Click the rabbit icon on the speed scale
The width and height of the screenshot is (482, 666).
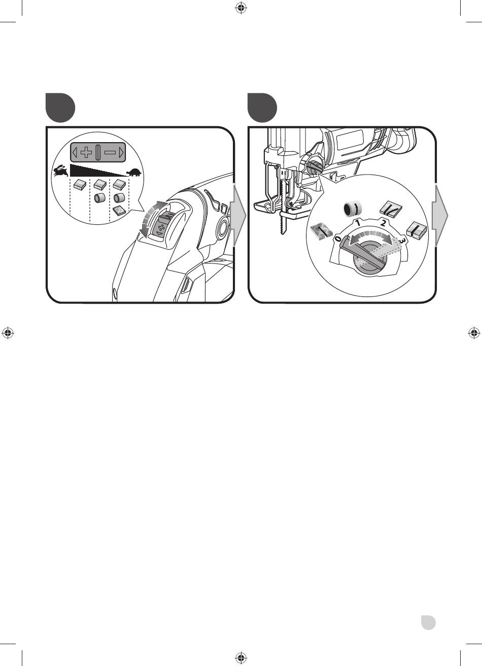pyautogui.click(x=60, y=171)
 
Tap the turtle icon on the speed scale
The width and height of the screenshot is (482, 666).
pyautogui.click(x=134, y=173)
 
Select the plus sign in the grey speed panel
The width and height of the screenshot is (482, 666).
pyautogui.click(x=86, y=153)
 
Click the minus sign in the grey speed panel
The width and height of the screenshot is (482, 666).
pyautogui.click(x=110, y=153)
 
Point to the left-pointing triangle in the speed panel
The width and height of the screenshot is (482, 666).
pyautogui.click(x=75, y=153)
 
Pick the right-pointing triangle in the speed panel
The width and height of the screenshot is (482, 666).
pyautogui.click(x=121, y=153)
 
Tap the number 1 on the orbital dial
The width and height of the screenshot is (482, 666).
pyautogui.click(x=358, y=222)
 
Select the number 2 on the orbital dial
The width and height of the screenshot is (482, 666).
pyautogui.click(x=384, y=223)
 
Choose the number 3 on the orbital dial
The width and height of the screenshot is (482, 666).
pyautogui.click(x=401, y=240)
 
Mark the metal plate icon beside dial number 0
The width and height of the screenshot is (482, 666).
pyautogui.click(x=321, y=231)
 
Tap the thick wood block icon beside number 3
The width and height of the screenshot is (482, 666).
pyautogui.click(x=417, y=229)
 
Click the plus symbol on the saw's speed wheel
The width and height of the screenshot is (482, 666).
pyautogui.click(x=161, y=228)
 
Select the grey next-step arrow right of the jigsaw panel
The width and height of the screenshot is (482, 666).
pyautogui.click(x=440, y=215)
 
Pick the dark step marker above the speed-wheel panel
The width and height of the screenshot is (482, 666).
pyautogui.click(x=60, y=108)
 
